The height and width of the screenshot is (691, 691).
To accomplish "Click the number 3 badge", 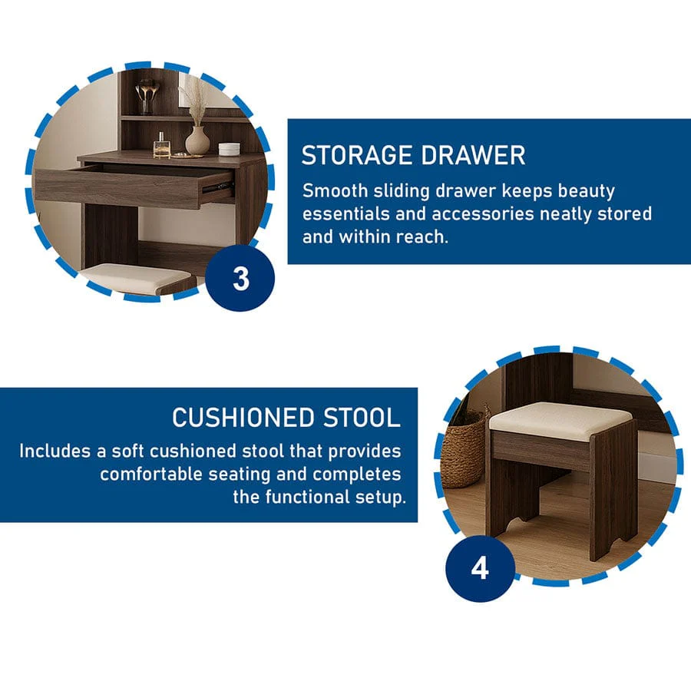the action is point(240,278).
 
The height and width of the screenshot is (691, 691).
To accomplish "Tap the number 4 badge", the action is point(480,568).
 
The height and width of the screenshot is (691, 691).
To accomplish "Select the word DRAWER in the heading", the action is point(473,156).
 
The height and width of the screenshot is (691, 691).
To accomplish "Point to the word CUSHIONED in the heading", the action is point(243,418).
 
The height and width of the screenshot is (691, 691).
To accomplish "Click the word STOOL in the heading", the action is point(362,418).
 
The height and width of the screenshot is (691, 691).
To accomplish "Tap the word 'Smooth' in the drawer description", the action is point(335,191).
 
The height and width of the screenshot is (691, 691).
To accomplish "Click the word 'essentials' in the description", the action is point(346,214).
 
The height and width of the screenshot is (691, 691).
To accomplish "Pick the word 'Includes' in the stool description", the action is point(55,451).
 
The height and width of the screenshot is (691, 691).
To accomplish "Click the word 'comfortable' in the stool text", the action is point(150,474).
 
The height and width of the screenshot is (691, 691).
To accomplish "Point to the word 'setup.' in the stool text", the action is point(380,497).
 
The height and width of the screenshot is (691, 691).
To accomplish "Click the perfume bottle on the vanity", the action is point(162,147).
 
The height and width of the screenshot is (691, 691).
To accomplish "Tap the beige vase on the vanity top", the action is point(197,141).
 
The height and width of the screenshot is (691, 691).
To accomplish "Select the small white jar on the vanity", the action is point(229,149).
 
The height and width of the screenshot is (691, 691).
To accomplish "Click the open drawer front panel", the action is point(118,188).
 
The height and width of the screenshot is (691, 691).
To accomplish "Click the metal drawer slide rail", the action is point(217,187).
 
